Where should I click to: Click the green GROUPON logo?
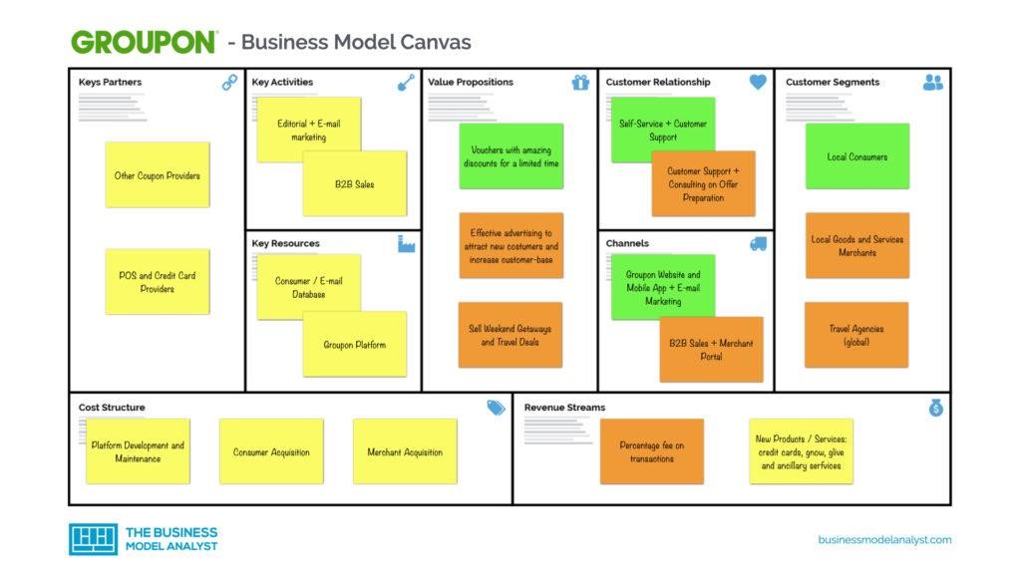point(144,42)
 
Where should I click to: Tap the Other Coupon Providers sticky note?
point(158,175)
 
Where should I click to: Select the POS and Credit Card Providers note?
point(158,282)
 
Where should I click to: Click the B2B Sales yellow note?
point(355,184)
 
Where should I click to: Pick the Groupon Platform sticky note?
point(355,345)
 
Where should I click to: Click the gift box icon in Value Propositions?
point(580,83)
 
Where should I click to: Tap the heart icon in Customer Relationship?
point(758,83)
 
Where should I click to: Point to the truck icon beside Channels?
point(758,244)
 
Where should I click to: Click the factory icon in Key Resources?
point(406,244)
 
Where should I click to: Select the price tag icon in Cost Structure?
point(496,408)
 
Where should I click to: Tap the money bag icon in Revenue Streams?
point(935,408)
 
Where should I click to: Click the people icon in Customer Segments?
point(933,83)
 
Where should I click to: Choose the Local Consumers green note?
point(857,156)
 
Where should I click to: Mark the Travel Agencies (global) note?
point(857,335)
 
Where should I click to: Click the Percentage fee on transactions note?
point(652,451)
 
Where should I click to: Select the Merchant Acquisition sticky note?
point(405,451)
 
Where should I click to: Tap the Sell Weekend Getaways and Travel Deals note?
point(510,335)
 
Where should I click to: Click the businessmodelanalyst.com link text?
point(884,540)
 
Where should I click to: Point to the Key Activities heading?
point(282,82)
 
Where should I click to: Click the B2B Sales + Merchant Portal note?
point(711,350)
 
